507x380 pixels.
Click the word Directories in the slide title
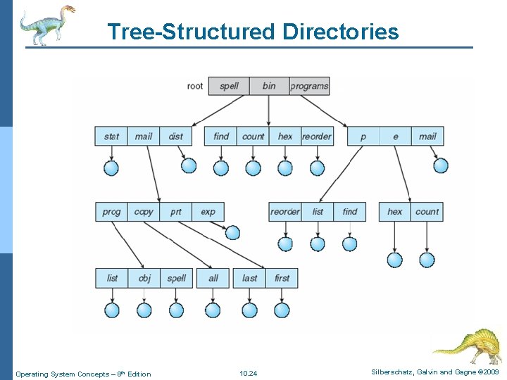340,32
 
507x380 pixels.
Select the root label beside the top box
195,86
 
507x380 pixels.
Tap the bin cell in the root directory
269,86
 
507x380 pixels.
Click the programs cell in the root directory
309,86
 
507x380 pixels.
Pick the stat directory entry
111,136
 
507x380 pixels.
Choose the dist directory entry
176,136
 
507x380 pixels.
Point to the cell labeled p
363,136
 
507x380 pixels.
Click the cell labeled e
396,136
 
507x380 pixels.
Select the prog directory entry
111,211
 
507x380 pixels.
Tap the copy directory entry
144,211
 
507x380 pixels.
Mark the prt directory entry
176,211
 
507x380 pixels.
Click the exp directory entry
208,211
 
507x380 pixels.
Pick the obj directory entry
144,278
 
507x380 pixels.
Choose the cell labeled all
213,278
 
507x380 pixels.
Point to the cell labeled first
282,278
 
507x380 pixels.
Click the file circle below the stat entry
111,167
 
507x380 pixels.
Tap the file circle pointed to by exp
232,232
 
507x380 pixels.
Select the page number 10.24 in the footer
249,374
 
